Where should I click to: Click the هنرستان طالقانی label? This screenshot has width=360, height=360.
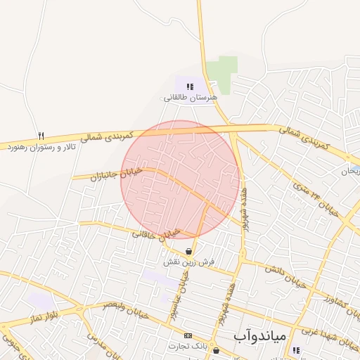pyautogui.click(x=186, y=97)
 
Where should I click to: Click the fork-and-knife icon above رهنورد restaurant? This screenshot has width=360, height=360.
pyautogui.click(x=41, y=136)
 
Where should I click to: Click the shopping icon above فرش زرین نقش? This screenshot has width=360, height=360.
pyautogui.click(x=189, y=251)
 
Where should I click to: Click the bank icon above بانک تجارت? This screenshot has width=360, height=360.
pyautogui.click(x=188, y=335)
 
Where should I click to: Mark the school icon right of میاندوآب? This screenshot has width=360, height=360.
pyautogui.click(x=296, y=350)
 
